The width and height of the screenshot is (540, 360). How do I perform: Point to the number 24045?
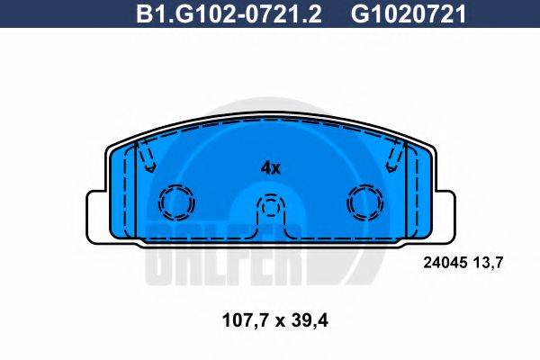443,263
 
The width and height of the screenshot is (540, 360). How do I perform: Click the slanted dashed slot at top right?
393,159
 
